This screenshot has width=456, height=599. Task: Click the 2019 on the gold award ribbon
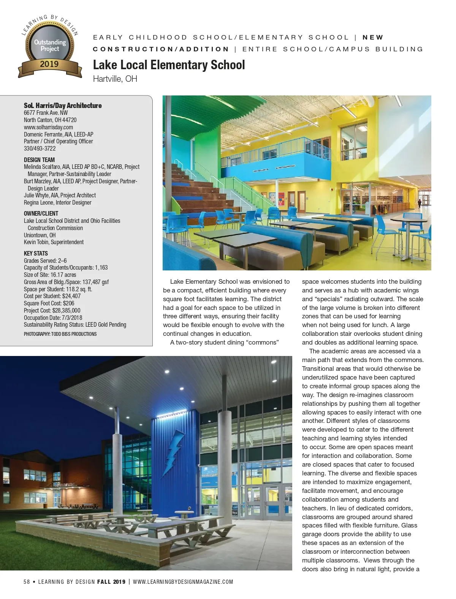tap(49, 64)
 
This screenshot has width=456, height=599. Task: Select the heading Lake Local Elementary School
tap(169, 65)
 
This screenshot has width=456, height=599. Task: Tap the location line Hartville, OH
tap(115, 79)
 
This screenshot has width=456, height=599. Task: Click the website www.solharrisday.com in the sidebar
tap(48, 127)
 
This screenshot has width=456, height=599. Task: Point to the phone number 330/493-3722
tap(40, 149)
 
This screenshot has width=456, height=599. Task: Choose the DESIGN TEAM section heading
tap(39, 160)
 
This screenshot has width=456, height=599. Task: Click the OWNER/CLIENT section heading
tap(41, 213)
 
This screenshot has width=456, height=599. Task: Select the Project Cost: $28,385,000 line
tap(52, 310)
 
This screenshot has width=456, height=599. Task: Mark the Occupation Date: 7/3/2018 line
tap(53, 318)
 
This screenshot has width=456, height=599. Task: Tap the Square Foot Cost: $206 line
tap(49, 303)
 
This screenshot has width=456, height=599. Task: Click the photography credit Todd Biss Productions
tap(60, 334)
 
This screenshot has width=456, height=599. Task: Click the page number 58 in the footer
tap(27, 582)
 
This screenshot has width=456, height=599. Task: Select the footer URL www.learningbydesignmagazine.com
tap(183, 582)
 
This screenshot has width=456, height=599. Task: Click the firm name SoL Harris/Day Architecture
tap(63, 106)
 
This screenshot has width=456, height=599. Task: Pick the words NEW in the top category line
tap(373, 38)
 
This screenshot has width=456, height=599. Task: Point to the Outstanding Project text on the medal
tap(50, 45)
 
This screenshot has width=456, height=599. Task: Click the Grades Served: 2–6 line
tap(45, 261)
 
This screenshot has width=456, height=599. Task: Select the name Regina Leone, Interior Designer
tap(57, 203)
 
